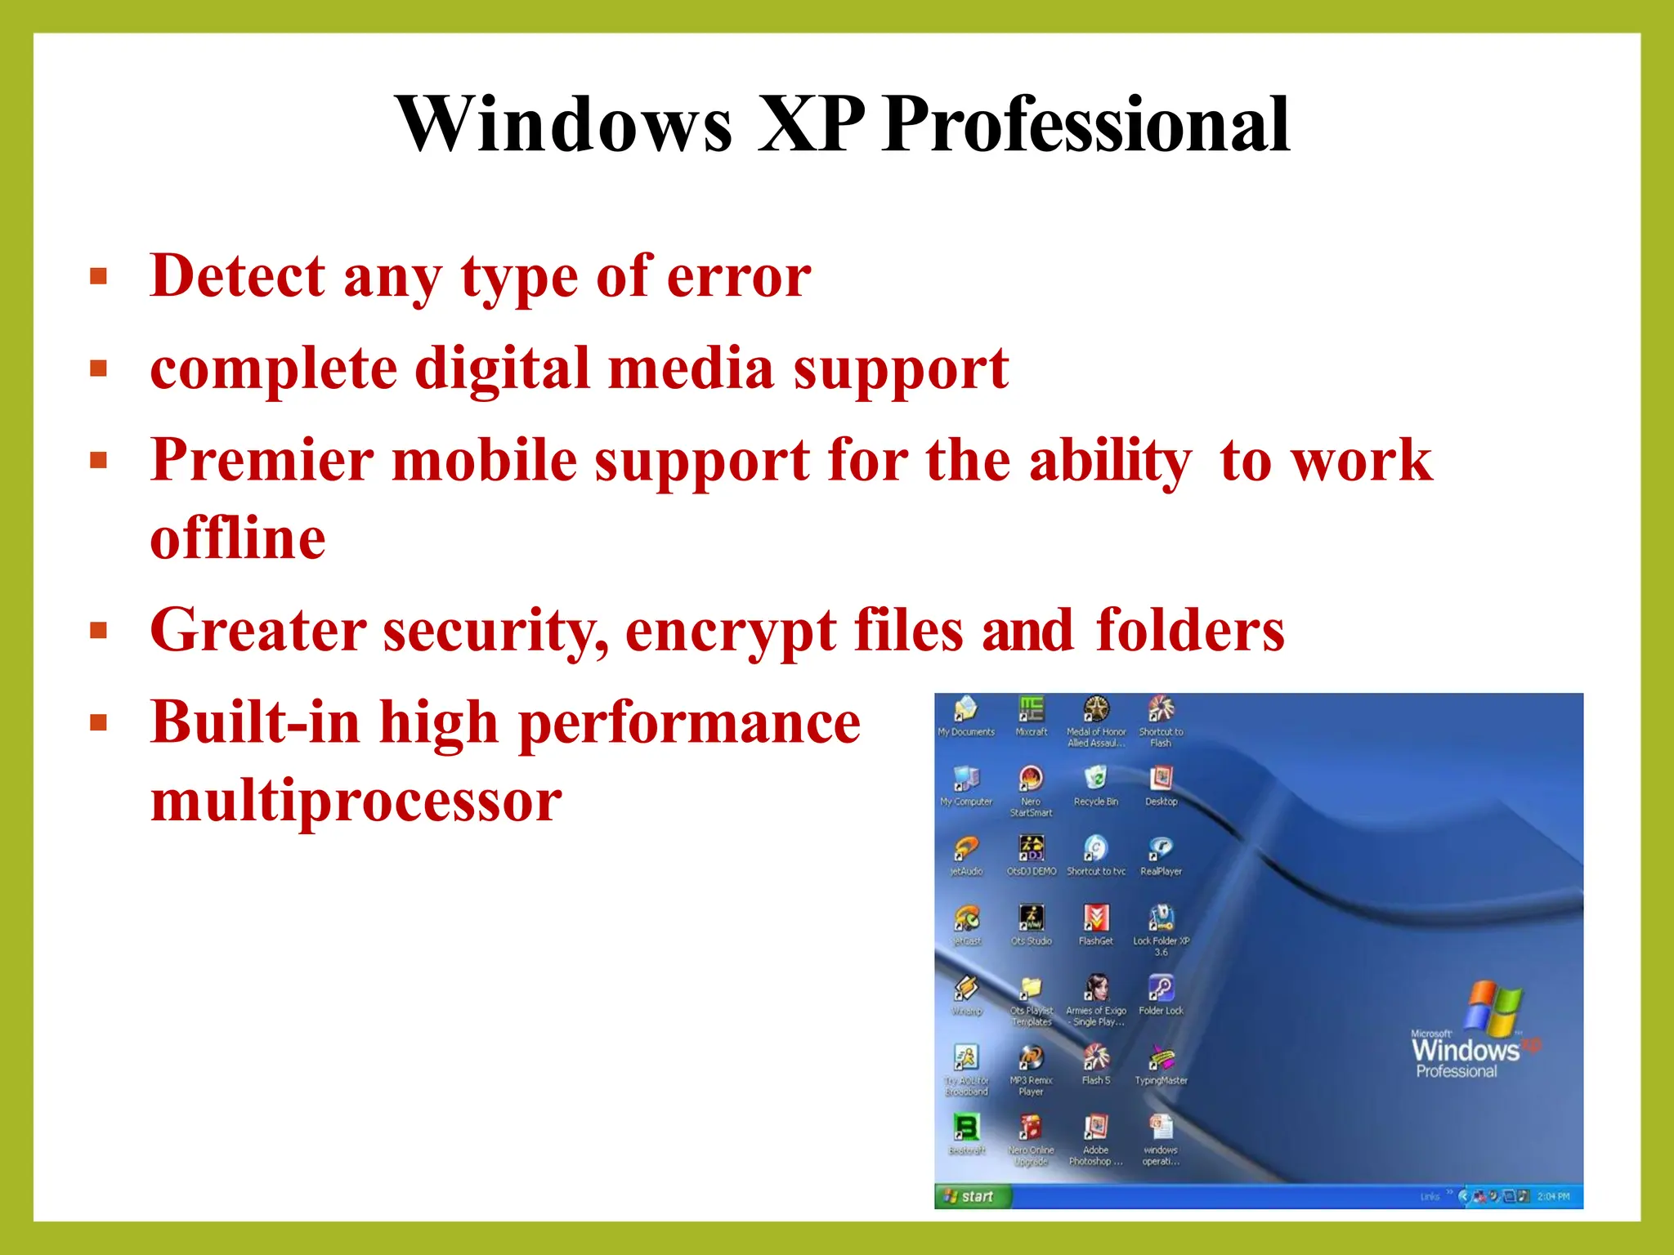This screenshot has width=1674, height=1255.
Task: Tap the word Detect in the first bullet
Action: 238,276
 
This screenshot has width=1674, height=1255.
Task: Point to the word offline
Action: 238,538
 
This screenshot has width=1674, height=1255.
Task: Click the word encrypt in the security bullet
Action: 730,631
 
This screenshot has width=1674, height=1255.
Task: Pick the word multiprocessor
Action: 356,801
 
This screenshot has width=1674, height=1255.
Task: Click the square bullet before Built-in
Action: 99,722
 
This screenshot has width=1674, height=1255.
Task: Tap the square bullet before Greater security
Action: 99,631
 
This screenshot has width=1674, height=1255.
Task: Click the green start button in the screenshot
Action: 970,1196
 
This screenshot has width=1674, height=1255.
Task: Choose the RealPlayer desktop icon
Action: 1161,850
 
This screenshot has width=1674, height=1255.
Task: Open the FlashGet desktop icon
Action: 1095,919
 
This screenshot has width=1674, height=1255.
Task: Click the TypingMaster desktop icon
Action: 1161,1059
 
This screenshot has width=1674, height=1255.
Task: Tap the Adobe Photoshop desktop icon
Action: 1095,1128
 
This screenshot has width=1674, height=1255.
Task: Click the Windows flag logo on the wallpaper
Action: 1493,1008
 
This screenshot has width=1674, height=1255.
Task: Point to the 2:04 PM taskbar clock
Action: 1553,1196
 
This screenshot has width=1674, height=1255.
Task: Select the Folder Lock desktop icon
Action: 1161,989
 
